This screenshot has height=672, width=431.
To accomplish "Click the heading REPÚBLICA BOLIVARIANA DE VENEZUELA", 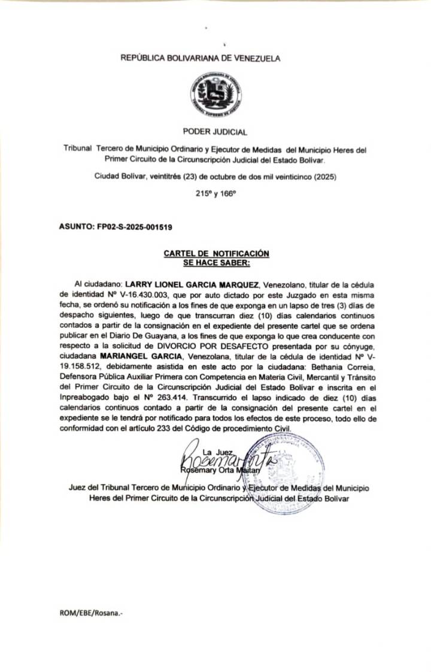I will [200, 58].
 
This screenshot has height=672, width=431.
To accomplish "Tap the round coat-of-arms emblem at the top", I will [215, 93].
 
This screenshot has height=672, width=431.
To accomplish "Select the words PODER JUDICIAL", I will [215, 132].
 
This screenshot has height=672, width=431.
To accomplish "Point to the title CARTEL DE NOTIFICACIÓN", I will [216, 254].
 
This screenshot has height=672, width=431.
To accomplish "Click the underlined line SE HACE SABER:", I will [216, 262].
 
